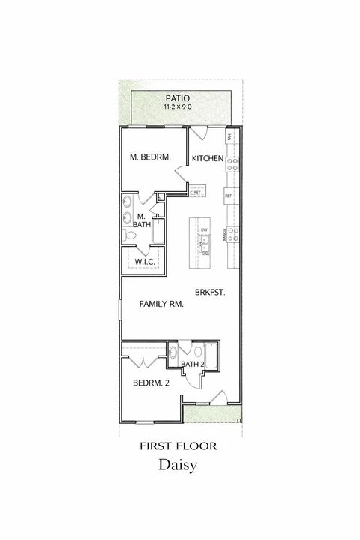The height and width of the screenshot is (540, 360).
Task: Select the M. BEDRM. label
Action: click(x=150, y=157)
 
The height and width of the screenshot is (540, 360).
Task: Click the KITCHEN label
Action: click(x=208, y=158)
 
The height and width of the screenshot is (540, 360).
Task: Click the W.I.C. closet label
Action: click(x=143, y=261)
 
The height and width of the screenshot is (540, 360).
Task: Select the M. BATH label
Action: click(x=140, y=220)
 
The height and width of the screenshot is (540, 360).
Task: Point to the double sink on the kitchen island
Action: click(x=204, y=243)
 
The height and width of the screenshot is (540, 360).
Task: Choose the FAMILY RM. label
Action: click(x=161, y=304)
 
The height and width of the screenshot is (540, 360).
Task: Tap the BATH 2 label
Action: click(x=193, y=364)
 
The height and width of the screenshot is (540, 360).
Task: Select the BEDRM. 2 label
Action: click(x=151, y=382)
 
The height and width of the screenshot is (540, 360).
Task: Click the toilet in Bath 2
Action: click(x=197, y=351)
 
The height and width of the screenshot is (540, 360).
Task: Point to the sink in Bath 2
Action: click(x=174, y=351)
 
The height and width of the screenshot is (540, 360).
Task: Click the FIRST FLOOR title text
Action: click(x=178, y=445)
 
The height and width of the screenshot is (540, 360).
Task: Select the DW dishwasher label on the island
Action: click(x=204, y=229)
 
